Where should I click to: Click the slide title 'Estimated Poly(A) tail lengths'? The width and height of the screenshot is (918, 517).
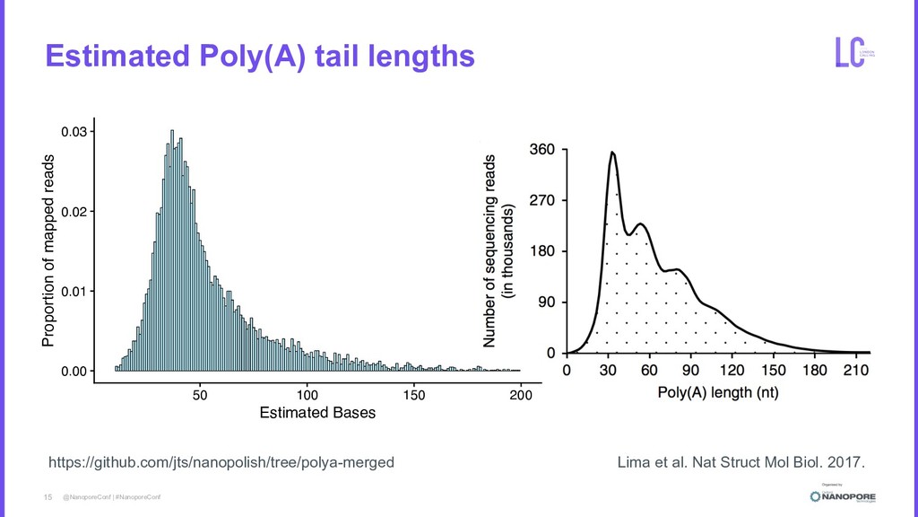click(x=259, y=57)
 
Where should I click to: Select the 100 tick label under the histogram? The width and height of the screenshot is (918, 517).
click(x=307, y=395)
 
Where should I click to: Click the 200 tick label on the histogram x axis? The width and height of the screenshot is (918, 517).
click(x=520, y=395)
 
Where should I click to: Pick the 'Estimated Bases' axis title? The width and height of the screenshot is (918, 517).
click(x=316, y=413)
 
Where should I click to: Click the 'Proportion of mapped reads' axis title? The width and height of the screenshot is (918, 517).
click(x=47, y=251)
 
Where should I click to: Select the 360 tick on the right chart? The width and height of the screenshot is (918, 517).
click(x=544, y=150)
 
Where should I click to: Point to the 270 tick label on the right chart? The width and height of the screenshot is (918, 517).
click(x=544, y=201)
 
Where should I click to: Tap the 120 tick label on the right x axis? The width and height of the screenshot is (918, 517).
click(x=732, y=369)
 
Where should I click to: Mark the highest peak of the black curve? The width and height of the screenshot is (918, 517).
click(x=612, y=153)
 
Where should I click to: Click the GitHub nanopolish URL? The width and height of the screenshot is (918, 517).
click(x=221, y=462)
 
